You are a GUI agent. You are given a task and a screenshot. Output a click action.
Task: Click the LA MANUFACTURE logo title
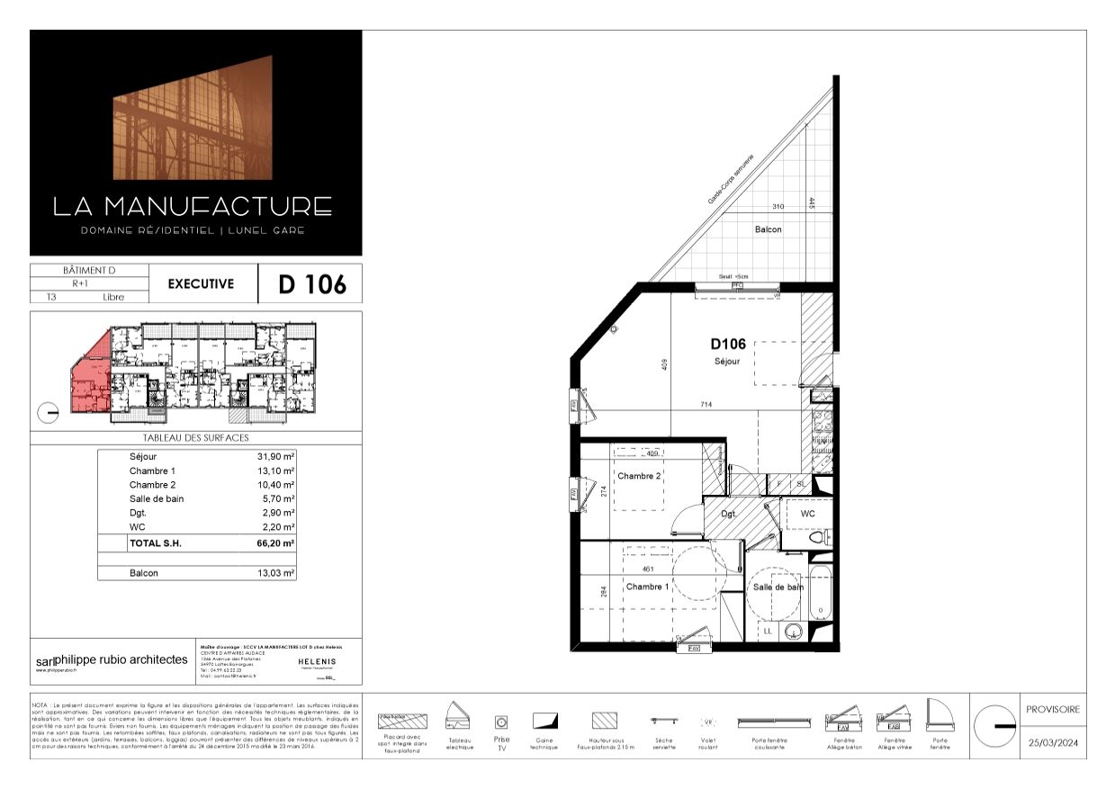tap(192, 206)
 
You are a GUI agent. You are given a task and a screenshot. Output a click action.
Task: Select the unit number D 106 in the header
tap(311, 284)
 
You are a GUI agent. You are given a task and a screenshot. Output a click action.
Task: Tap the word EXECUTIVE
tap(201, 283)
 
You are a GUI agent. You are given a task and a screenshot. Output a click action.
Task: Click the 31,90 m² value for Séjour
tap(275, 457)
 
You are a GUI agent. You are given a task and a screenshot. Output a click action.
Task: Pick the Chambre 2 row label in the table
tap(152, 485)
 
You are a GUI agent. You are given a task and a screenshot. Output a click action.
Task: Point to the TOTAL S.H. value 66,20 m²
tap(275, 543)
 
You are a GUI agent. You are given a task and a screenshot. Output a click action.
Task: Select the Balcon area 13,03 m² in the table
tap(275, 573)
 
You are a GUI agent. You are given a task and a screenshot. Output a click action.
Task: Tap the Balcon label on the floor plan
tap(768, 229)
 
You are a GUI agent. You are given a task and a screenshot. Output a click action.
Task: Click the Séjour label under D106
tap(727, 361)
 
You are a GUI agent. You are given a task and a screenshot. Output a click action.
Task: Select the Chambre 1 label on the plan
tap(647, 587)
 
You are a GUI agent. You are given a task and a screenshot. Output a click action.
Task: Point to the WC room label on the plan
tap(807, 514)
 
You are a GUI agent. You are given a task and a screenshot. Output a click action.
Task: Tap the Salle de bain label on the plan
tap(778, 587)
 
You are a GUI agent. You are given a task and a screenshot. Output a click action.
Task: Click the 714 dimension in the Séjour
tap(706, 405)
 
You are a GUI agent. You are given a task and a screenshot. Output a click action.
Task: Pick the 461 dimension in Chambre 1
tap(647, 569)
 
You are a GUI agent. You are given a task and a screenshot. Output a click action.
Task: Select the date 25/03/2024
tap(1052, 743)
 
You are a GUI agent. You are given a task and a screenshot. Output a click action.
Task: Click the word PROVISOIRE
tap(1052, 710)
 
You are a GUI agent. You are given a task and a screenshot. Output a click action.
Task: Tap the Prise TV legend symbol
tap(501, 722)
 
